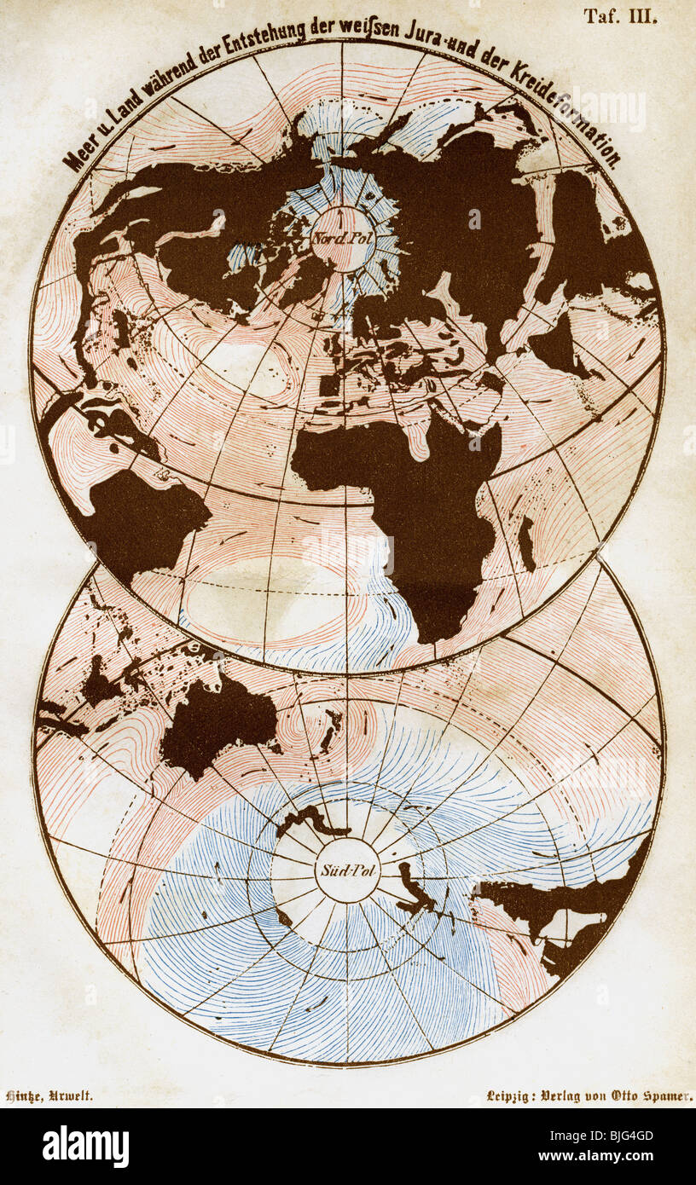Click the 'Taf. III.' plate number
pyautogui.click(x=620, y=16)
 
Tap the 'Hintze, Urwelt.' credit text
pyautogui.click(x=49, y=1097)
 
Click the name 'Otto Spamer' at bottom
pyautogui.click(x=650, y=1097)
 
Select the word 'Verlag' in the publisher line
pyautogui.click(x=568, y=1097)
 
